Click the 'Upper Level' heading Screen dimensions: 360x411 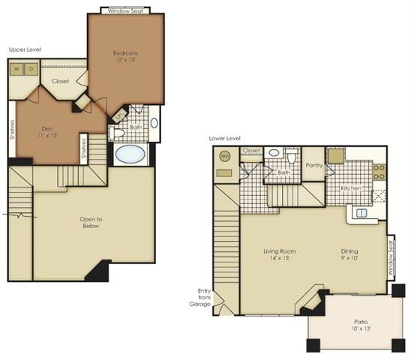coord(24,49)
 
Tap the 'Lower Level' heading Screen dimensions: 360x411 coord(225,138)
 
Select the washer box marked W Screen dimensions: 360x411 coord(17,69)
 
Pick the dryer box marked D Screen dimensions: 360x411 coord(31,69)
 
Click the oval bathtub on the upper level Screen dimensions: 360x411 coord(131,154)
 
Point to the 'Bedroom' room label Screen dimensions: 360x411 coord(125,53)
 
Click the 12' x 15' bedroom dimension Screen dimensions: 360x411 coord(125,61)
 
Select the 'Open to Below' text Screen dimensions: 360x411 coord(91,223)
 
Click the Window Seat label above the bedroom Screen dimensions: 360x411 coord(125,11)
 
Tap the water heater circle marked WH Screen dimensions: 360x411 coord(224,157)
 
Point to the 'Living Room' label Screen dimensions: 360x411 coord(280,251)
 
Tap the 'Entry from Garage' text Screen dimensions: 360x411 coord(201,298)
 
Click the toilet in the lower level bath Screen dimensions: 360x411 coord(292,157)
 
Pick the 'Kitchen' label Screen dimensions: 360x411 coord(352,188)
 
